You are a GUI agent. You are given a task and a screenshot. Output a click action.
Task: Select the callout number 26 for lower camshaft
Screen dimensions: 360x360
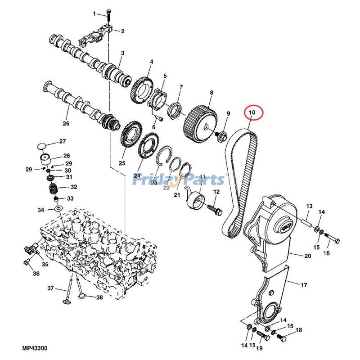tap(66, 123)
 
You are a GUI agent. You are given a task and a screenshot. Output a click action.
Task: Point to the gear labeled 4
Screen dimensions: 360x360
tap(143, 89)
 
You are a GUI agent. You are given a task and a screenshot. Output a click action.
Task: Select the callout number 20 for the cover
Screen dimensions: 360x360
tap(308, 256)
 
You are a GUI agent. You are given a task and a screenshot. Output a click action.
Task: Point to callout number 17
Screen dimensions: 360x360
tap(304, 285)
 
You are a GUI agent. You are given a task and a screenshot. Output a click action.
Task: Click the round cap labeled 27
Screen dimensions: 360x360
tap(41, 146)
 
